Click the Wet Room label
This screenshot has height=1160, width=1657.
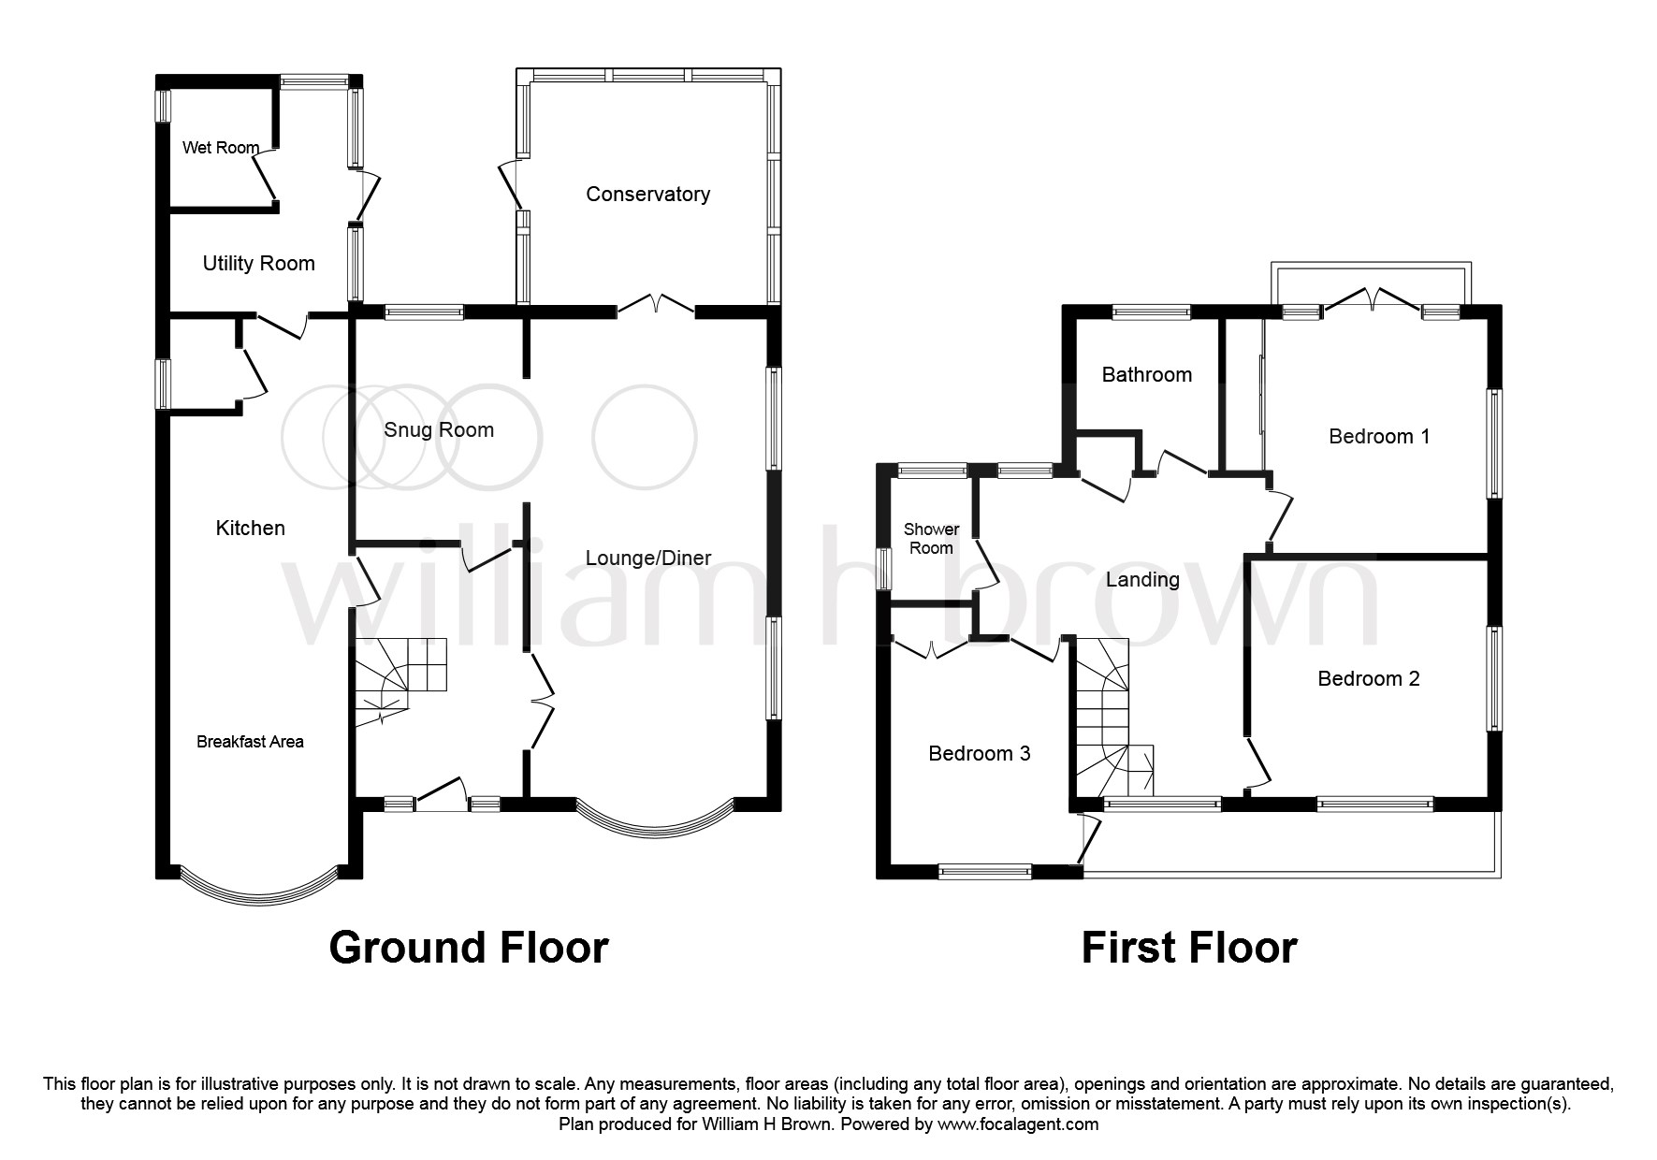221,148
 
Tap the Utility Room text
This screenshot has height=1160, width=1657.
258,264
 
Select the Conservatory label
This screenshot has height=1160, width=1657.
647,195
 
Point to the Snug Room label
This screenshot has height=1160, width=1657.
438,430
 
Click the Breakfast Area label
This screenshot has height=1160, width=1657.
250,742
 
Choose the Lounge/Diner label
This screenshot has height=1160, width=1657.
648,558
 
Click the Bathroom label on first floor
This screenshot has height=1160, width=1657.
1146,375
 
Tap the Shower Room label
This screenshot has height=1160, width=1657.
931,539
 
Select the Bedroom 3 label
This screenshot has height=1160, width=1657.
979,754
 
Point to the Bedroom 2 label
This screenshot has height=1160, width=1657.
1368,679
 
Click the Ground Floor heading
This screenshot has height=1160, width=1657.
469,948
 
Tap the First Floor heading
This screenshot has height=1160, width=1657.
1188,948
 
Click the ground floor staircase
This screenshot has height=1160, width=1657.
398,678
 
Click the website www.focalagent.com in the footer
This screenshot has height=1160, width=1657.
1018,1124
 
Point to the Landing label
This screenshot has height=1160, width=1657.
1141,580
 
